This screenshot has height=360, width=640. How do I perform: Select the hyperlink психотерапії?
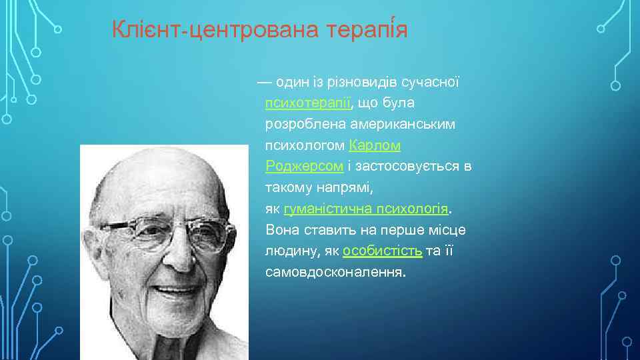(x=308, y=103)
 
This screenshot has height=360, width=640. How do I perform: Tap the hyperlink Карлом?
(x=374, y=145)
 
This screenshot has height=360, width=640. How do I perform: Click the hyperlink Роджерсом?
(x=304, y=166)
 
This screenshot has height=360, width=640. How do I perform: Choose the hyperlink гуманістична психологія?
(x=366, y=209)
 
